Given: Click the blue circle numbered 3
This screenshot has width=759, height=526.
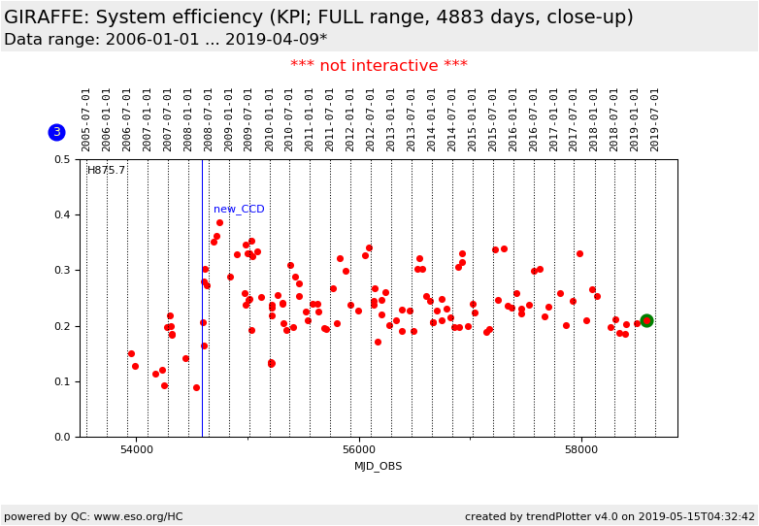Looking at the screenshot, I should (56, 132).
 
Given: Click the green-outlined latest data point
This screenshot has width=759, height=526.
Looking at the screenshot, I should (646, 320).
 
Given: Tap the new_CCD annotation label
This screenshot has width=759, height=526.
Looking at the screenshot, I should (239, 210).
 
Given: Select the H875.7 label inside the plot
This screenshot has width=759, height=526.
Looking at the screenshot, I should (107, 171).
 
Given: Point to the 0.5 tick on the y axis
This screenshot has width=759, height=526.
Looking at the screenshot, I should (61, 159).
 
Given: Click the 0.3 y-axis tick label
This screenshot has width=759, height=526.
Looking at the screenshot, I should (61, 271).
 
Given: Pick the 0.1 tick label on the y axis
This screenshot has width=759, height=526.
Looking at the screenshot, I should (61, 381).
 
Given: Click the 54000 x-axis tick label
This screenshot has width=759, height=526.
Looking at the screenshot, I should (136, 450).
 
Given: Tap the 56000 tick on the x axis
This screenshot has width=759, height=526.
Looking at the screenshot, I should (359, 450).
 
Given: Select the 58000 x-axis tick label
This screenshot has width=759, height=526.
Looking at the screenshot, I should (581, 450).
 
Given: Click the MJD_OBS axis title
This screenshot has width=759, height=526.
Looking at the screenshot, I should (379, 467).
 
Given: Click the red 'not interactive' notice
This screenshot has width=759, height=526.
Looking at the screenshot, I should (379, 66).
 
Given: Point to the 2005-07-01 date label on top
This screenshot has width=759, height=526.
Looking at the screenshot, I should (86, 118).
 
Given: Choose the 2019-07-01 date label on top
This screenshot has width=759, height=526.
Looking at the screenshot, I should (655, 118).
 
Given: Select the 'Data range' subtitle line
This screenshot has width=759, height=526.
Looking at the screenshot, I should (165, 40).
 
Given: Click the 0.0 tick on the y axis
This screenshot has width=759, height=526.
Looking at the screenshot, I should (61, 437).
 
